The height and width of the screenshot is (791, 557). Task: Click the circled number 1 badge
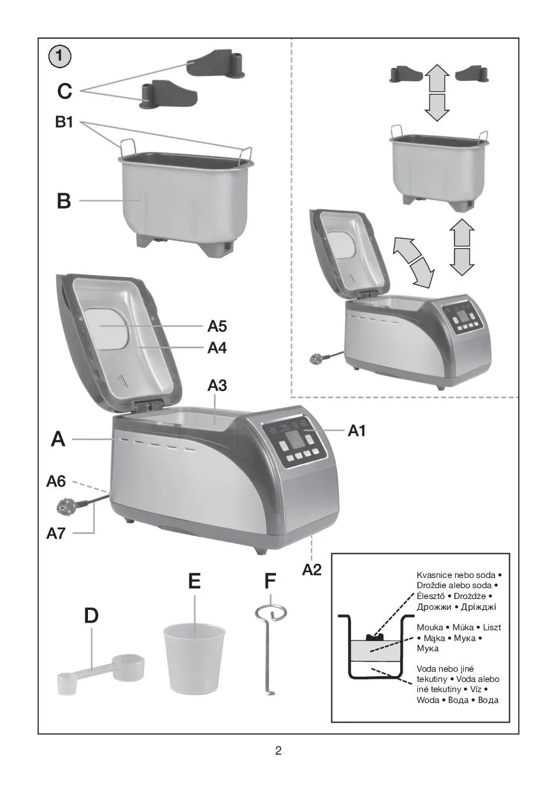pos(60,56)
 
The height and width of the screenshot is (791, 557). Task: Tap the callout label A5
pos(217,327)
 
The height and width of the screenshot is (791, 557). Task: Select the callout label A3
pos(217,385)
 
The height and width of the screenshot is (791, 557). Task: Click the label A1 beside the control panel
pos(357,431)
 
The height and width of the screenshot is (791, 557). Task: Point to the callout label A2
pos(312,570)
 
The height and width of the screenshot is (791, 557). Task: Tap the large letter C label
pos(64,92)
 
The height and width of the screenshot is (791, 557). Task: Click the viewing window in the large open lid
pos(106,328)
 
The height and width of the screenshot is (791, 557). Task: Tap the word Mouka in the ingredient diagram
pos(430,627)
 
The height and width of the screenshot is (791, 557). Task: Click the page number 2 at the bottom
pos(278,750)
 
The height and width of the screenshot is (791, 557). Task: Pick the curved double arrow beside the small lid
pos(413,262)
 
